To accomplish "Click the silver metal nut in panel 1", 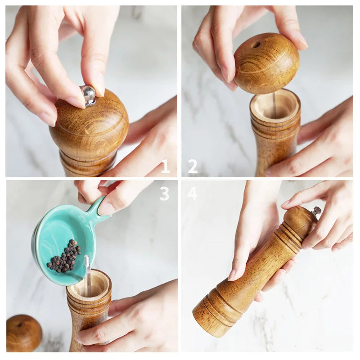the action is pos(88,95).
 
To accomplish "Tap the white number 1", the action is pos(166,166).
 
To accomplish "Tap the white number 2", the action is pos(193,166).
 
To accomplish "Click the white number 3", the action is pos(164,194).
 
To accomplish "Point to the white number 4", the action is pos(193,194).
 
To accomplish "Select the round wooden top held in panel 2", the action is pos(266,63).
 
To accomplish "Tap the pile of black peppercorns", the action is pos(64,256).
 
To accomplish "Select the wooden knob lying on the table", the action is pos(24,333).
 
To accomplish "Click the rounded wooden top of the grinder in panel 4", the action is pos(298,218).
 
